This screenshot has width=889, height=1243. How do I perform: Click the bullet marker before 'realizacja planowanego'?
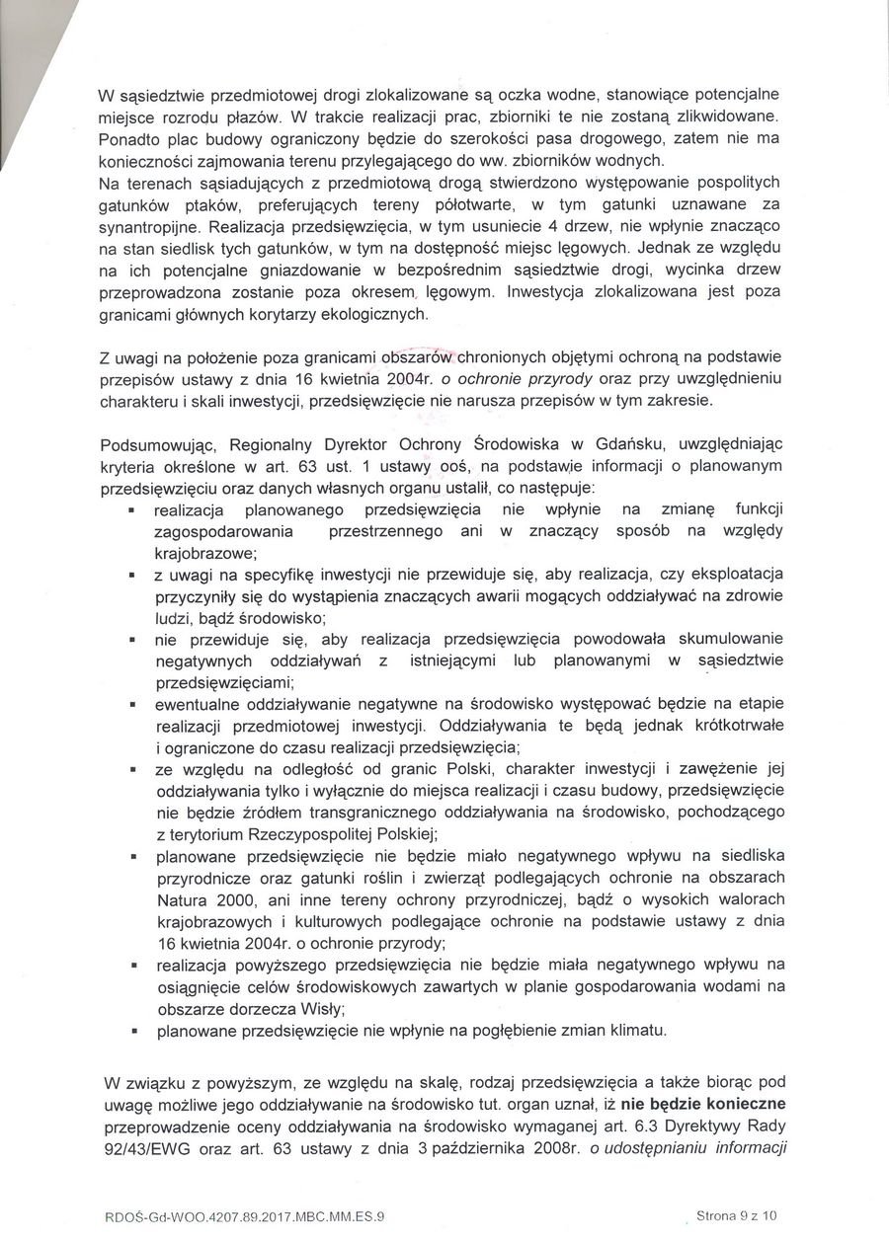pos(131,510)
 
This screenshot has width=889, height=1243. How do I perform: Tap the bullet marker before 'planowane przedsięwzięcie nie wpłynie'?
pos(131,1031)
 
